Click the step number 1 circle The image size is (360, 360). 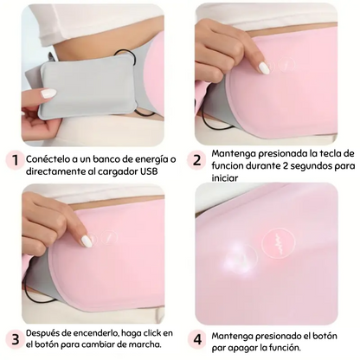tap(13, 159)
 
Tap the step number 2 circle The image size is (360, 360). tap(196, 159)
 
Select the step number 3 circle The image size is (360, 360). tap(13, 339)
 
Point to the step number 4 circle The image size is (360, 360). tap(196, 339)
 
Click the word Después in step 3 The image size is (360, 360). tap(48, 333)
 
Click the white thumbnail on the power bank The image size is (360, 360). tap(49, 93)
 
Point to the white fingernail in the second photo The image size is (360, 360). tap(264, 67)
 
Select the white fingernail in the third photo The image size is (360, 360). tap(87, 241)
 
